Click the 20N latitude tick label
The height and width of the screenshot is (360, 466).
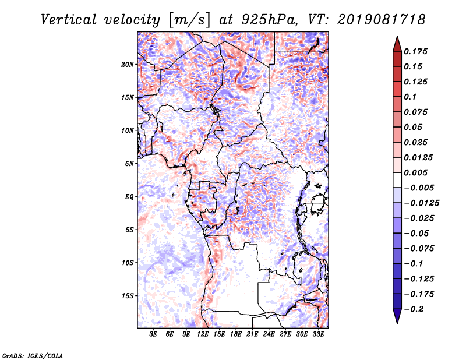[128, 65]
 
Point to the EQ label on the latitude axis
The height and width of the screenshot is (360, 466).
[129, 197]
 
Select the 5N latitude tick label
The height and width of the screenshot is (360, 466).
[129, 164]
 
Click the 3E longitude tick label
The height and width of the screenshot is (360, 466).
[153, 334]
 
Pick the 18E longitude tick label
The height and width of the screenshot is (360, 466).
[236, 334]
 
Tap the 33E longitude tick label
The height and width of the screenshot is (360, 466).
[318, 334]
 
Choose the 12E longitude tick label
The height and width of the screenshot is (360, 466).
[203, 334]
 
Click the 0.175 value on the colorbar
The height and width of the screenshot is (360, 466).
[415, 51]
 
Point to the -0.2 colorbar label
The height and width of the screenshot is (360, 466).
[414, 309]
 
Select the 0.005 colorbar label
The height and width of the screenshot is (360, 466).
[415, 172]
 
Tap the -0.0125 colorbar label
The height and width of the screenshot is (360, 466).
[421, 203]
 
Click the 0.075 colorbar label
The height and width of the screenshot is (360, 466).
[415, 112]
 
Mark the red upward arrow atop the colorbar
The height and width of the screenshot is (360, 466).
[397, 45]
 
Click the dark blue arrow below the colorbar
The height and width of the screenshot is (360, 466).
[397, 316]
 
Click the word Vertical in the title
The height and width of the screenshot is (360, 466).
[68, 20]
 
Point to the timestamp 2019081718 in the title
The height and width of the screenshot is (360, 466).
[381, 20]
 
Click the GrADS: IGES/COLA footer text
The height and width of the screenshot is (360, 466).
[33, 356]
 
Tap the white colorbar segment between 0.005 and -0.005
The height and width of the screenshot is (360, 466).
[397, 180]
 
